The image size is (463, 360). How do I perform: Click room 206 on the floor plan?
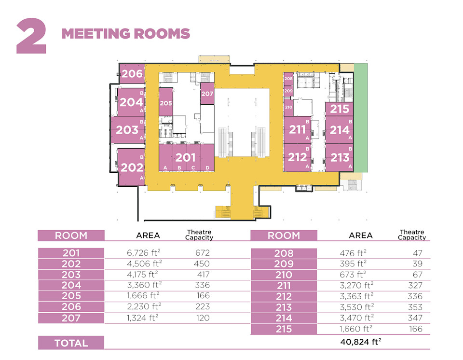(x=132, y=74)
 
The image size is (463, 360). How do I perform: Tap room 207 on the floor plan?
(x=207, y=94)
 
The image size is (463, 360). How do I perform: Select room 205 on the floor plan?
(x=165, y=102)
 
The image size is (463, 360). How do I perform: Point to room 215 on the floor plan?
(x=339, y=109)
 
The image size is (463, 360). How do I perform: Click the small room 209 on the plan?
(x=288, y=91)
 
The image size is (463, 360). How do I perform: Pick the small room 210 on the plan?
(x=288, y=107)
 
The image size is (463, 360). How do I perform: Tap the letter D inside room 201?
(x=207, y=168)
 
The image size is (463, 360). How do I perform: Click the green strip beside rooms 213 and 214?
(x=361, y=118)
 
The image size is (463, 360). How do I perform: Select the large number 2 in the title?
(x=31, y=36)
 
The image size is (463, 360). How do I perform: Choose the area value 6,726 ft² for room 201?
(x=144, y=253)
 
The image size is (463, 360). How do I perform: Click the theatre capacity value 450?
(x=202, y=263)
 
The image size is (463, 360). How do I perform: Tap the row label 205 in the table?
(x=71, y=295)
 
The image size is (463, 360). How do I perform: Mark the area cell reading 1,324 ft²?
(x=143, y=318)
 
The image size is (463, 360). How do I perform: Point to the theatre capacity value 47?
(x=418, y=253)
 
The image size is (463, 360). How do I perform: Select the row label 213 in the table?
(x=284, y=307)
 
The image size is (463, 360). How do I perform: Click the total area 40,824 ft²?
(x=361, y=342)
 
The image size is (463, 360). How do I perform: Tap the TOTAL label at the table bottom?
(x=71, y=343)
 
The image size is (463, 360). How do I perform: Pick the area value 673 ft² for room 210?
(x=353, y=275)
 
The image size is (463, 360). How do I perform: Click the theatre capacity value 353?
(x=415, y=307)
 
